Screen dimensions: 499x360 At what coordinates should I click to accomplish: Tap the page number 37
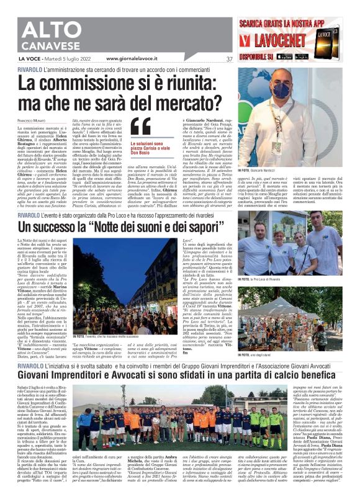coord(230,60)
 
